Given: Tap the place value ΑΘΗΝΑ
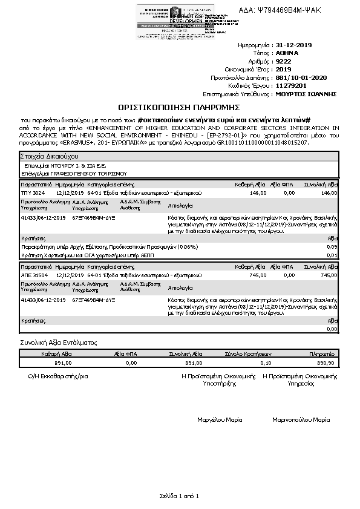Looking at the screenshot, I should [x=287, y=53].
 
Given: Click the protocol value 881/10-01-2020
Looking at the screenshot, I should [x=301, y=78].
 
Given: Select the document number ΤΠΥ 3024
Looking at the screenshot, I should [x=33, y=192].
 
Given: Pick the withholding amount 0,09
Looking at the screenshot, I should [x=332, y=247].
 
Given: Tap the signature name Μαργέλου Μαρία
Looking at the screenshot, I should [x=220, y=419].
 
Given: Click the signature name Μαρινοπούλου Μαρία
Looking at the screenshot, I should [x=301, y=419].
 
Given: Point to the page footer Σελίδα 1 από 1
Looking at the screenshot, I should [x=179, y=496].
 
